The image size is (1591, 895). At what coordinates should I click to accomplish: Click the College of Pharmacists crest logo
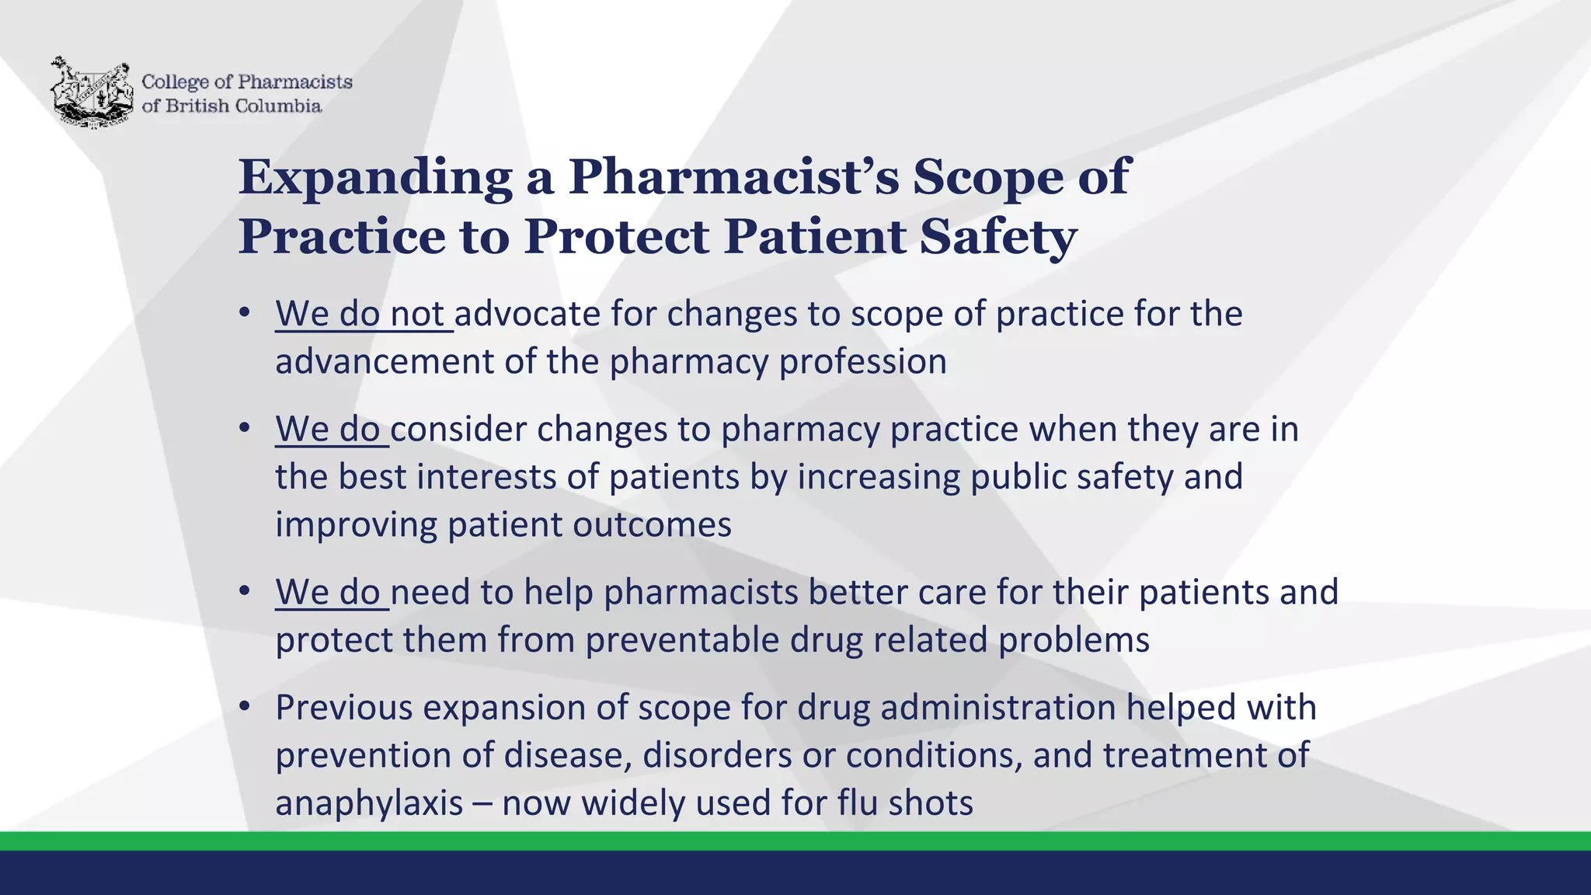[91, 92]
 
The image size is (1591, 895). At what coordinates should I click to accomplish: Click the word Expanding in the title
[375, 178]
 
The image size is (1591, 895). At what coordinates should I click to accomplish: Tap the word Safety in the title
[998, 237]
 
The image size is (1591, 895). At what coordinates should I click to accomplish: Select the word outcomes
[652, 524]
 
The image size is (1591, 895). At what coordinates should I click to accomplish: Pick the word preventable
[683, 640]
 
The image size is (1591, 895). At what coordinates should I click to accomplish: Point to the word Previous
[343, 708]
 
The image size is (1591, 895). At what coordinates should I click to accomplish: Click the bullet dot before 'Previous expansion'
[245, 706]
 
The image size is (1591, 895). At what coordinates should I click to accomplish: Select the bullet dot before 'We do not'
[245, 313]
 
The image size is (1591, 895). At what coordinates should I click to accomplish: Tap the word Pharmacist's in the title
[733, 178]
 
